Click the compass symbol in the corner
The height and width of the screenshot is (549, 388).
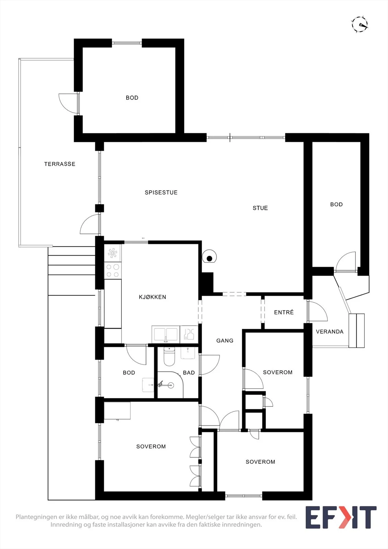pyautogui.click(x=360, y=24)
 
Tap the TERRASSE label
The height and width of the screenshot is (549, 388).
pyautogui.click(x=60, y=164)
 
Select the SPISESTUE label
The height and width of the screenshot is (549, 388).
pyautogui.click(x=161, y=192)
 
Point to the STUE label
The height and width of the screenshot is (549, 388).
pyautogui.click(x=260, y=208)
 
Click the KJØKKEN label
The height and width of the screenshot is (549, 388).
pyautogui.click(x=152, y=297)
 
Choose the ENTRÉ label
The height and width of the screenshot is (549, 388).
pyautogui.click(x=284, y=312)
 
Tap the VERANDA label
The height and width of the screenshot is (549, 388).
pyautogui.click(x=330, y=331)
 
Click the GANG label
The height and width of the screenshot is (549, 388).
pyautogui.click(x=225, y=340)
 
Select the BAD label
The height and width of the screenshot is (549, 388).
pyautogui.click(x=189, y=373)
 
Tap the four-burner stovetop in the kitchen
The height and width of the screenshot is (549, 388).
pyautogui.click(x=113, y=271)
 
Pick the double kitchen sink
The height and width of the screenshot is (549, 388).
pyautogui.click(x=165, y=334)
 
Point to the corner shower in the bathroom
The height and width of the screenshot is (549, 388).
pyautogui.click(x=170, y=385)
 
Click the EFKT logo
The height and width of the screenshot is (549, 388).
pyautogui.click(x=341, y=517)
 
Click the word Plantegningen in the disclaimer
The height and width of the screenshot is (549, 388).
pyautogui.click(x=36, y=517)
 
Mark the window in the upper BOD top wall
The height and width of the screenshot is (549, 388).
pyautogui.click(x=127, y=43)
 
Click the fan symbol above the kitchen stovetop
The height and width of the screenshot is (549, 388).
pyautogui.click(x=113, y=253)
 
